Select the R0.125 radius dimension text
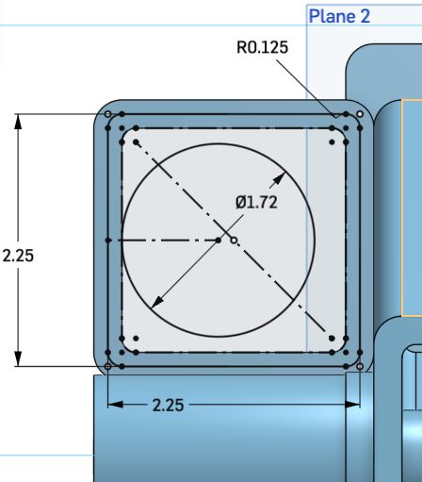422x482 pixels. (x=268, y=46)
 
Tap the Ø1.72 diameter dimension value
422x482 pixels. (x=256, y=201)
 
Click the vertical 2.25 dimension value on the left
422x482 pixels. (x=18, y=255)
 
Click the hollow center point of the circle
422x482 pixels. (x=235, y=241)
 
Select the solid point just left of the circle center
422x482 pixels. (x=219, y=241)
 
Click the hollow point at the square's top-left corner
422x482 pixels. (x=107, y=114)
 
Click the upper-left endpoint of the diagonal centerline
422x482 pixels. (x=137, y=142)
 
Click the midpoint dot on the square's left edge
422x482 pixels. (x=108, y=241)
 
